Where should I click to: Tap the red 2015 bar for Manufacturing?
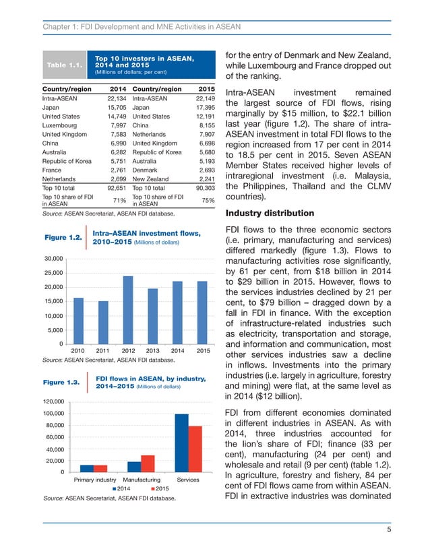click(148, 463)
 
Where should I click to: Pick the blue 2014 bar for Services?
click(181, 443)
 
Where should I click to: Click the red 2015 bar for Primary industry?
click(100, 468)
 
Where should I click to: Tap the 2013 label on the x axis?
click(153, 351)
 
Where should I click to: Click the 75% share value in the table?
click(208, 199)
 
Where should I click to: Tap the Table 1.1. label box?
click(63, 65)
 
